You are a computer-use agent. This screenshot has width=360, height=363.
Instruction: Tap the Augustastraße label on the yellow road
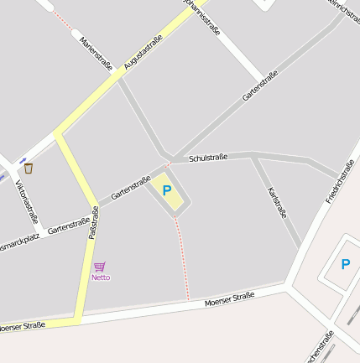click(142, 52)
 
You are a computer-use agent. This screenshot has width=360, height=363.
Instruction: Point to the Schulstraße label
click(208, 158)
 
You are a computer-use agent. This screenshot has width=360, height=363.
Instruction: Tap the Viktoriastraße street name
click(27, 200)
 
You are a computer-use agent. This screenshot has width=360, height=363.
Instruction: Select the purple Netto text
click(101, 277)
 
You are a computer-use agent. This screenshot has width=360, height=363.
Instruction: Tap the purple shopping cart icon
click(100, 267)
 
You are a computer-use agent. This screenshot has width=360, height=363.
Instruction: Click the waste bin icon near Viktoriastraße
click(29, 169)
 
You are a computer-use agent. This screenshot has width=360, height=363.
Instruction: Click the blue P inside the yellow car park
click(167, 191)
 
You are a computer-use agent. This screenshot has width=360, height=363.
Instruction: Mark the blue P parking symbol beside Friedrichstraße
click(345, 264)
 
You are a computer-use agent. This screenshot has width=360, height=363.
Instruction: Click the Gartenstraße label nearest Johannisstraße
click(260, 85)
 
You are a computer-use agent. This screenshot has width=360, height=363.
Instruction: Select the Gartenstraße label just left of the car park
click(130, 187)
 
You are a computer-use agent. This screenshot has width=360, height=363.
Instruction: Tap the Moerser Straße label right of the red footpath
click(229, 298)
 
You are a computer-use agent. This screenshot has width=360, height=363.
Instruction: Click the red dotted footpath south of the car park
click(182, 260)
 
